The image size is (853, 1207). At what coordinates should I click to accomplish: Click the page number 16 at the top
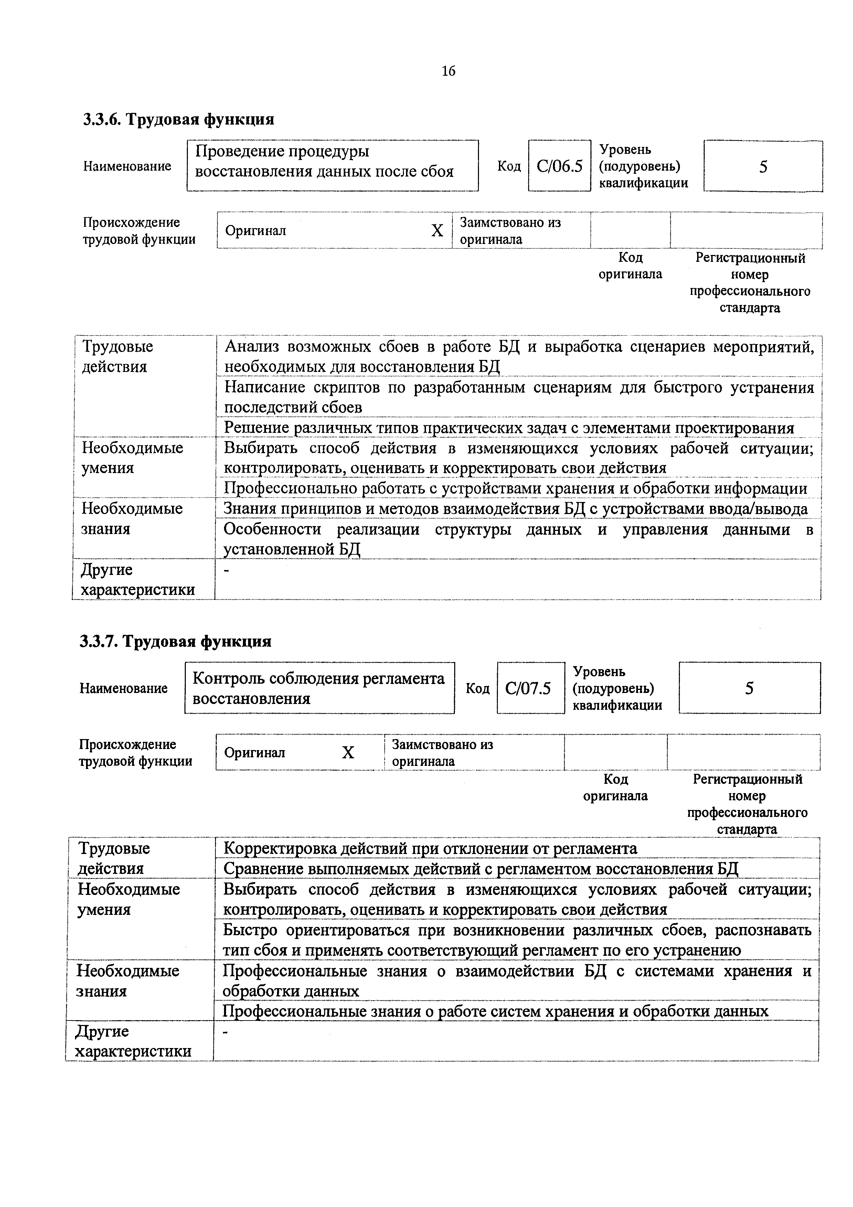[448, 71]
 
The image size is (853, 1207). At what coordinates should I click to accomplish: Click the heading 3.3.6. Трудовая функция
[178, 119]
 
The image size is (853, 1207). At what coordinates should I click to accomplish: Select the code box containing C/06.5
[559, 166]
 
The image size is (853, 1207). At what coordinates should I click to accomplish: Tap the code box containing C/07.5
[530, 688]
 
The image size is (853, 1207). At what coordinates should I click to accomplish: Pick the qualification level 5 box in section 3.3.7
[749, 688]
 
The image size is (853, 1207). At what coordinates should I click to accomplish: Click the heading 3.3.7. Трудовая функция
[175, 641]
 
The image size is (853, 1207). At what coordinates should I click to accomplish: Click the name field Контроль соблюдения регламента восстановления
[319, 688]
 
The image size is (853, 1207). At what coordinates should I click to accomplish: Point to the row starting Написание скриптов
[519, 397]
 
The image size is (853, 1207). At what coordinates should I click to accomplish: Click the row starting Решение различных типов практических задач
[508, 428]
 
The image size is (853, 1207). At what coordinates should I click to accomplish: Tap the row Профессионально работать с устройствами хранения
[515, 488]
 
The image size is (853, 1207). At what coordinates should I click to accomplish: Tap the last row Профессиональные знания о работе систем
[495, 1011]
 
